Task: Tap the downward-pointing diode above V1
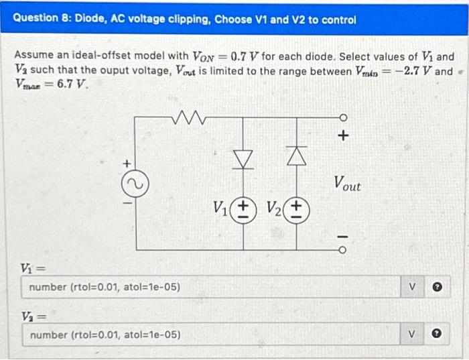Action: point(243,158)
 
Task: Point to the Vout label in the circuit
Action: point(346,183)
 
